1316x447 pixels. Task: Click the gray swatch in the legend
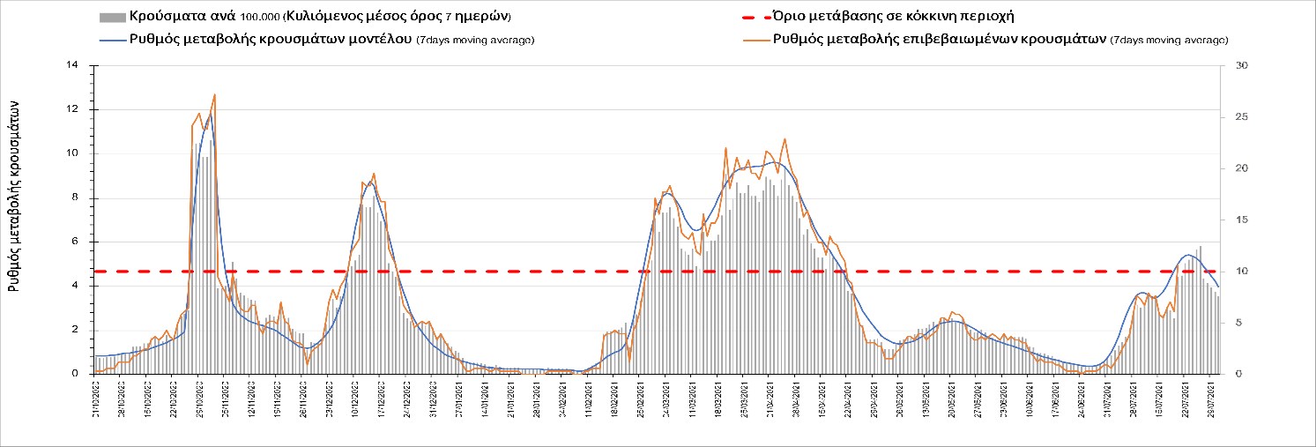112,17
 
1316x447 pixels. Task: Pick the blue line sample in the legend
112,40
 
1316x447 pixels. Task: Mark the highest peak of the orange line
214,94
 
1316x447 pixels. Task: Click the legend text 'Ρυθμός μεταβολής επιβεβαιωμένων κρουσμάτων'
939,40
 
